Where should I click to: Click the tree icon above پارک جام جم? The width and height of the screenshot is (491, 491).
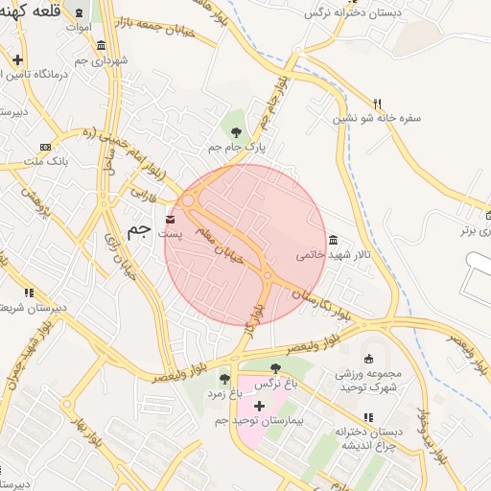[236, 131]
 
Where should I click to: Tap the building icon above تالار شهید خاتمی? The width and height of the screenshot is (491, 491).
[332, 240]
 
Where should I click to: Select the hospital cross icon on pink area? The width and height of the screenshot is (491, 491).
[259, 406]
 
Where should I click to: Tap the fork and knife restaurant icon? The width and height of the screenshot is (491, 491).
[379, 103]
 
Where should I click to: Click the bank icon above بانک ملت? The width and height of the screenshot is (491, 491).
[45, 147]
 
